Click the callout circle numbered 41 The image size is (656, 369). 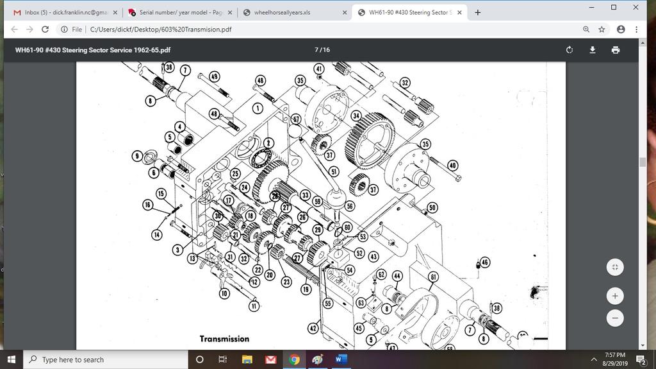(x=319, y=69)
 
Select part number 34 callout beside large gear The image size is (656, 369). (x=356, y=116)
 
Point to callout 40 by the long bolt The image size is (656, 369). (x=453, y=166)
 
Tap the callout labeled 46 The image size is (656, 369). (x=484, y=262)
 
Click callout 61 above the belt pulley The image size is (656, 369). (x=434, y=277)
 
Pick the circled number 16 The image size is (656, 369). (x=148, y=205)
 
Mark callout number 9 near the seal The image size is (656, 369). (x=137, y=156)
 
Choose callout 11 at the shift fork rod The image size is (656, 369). (x=254, y=306)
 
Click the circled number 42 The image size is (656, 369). (x=313, y=329)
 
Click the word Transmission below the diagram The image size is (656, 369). (x=224, y=339)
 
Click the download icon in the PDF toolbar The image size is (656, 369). (x=593, y=50)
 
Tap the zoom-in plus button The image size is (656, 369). (x=614, y=296)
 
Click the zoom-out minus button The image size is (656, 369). (x=614, y=318)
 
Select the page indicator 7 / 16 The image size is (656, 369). (x=322, y=50)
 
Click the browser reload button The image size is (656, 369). (x=45, y=29)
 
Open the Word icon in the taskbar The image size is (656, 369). (x=340, y=359)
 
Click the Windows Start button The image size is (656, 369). (x=12, y=359)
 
